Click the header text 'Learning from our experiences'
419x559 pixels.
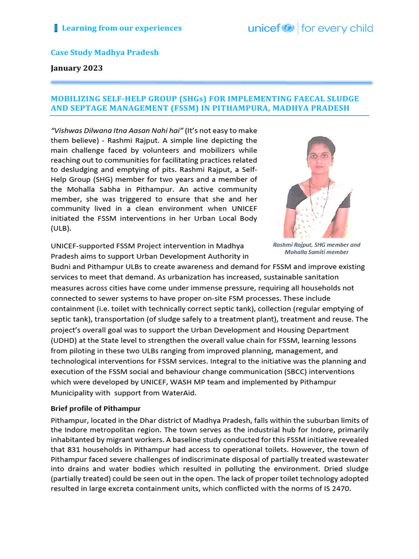122,28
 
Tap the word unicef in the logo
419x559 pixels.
264,28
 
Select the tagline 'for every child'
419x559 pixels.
337,28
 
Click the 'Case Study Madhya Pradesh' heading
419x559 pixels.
105,53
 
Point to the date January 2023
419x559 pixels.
76,68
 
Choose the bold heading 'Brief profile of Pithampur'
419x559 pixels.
96,408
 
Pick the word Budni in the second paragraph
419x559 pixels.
62,267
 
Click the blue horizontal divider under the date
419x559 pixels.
211,82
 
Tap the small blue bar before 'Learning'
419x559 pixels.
56,28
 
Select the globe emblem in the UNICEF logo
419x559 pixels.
288,28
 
